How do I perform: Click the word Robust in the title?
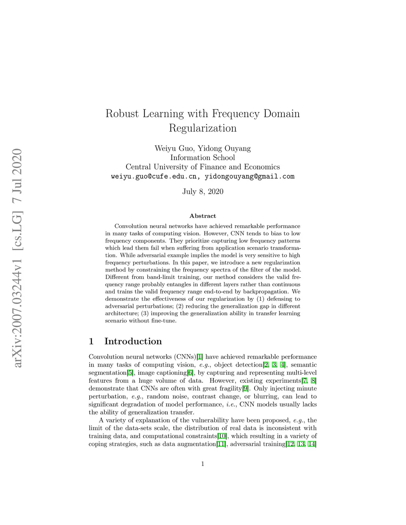pos(122,114)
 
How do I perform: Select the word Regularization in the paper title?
pos(203,128)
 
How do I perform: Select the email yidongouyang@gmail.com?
pos(249,177)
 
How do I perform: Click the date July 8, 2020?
pos(203,192)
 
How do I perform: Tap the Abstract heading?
pos(203,216)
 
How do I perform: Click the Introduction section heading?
pos(133,342)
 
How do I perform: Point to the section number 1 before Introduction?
pos(92,342)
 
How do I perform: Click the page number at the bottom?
pos(203,464)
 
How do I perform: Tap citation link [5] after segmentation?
pos(130,373)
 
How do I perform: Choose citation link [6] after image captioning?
pos(190,373)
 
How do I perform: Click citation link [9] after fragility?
pos(245,389)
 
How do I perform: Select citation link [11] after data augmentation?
pos(222,444)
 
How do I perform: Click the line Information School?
pos(203,158)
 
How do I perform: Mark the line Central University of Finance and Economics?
pos(203,167)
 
